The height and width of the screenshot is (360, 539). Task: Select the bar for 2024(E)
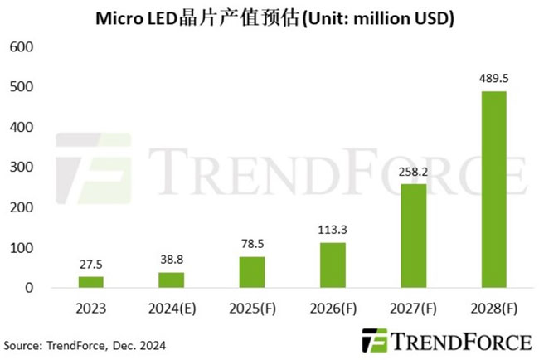tap(172, 280)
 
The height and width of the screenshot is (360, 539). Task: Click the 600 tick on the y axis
tap(22, 47)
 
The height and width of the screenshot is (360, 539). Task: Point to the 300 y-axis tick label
tap(22, 168)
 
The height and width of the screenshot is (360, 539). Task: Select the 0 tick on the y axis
tap(28, 289)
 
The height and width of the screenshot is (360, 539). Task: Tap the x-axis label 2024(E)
tap(172, 309)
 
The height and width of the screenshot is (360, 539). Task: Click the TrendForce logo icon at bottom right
tap(375, 340)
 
